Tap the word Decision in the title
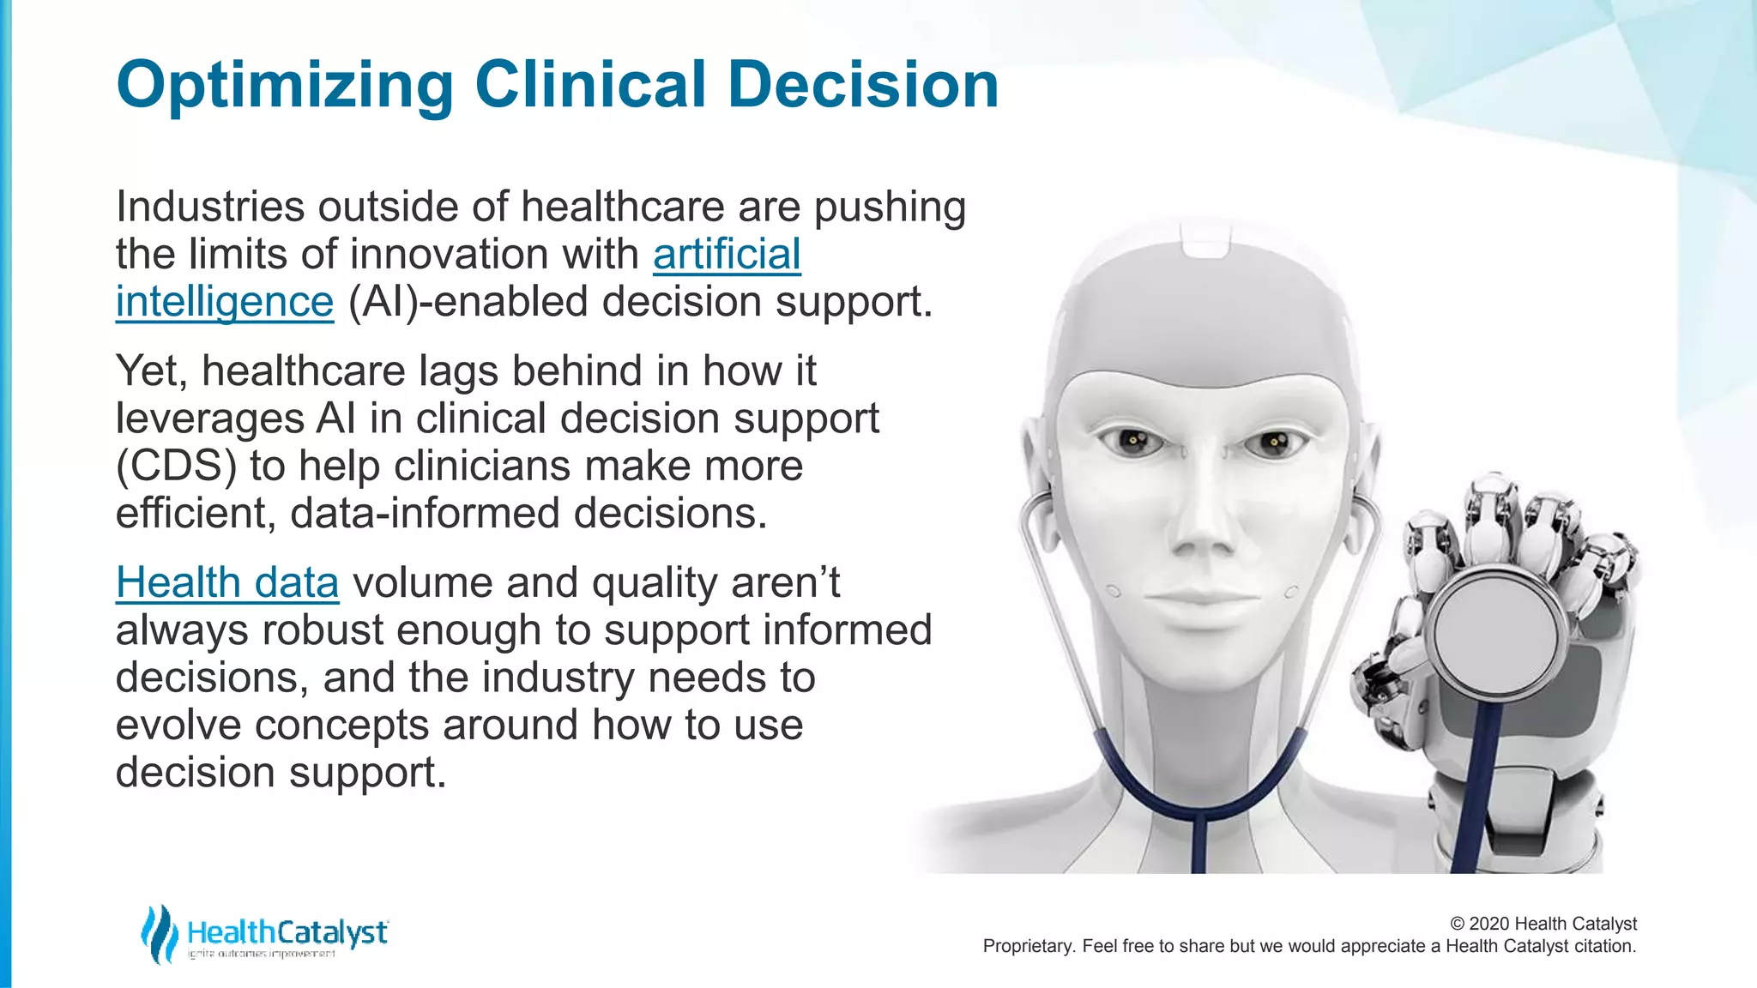click(863, 86)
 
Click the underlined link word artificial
click(727, 254)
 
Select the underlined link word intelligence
click(224, 302)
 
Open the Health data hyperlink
click(227, 582)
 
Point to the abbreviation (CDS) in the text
click(176, 466)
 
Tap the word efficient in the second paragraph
click(195, 513)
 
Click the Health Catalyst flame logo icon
click(160, 934)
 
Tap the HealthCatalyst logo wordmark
click(287, 932)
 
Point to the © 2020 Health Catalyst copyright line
click(1543, 924)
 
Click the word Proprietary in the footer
click(1028, 946)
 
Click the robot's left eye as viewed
click(1132, 442)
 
